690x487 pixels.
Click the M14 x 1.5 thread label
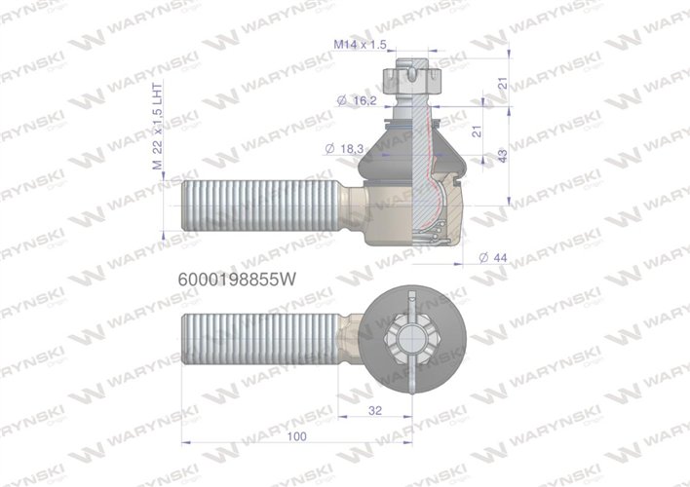[x=360, y=45]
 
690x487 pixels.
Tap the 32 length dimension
[x=376, y=409]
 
